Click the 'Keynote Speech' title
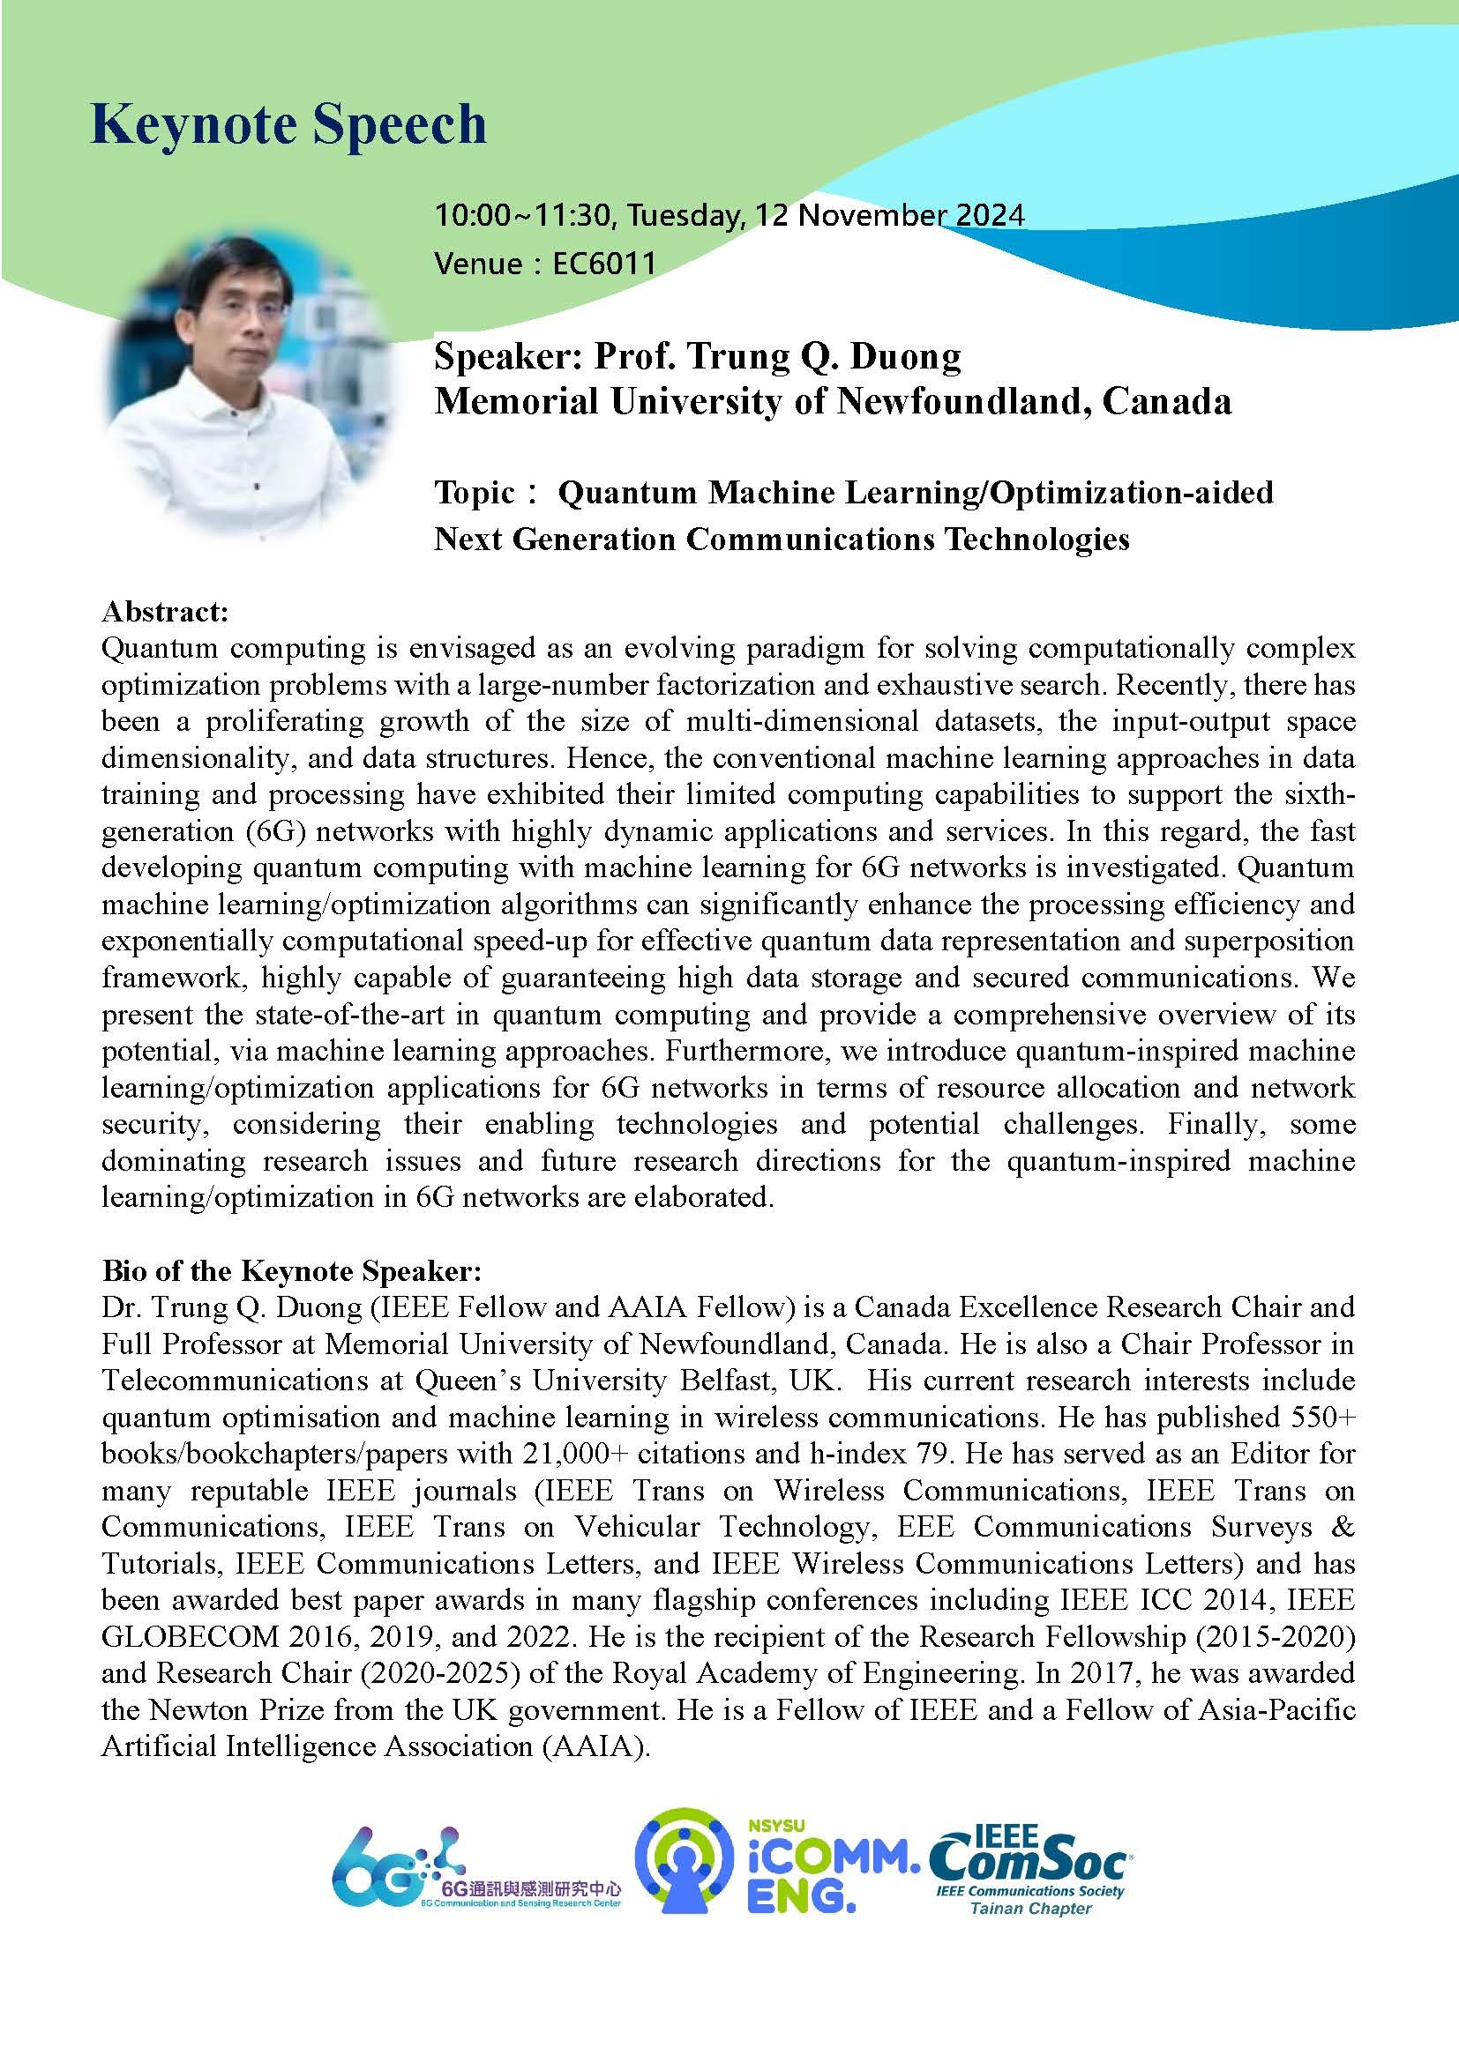pos(288,124)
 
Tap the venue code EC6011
pos(603,264)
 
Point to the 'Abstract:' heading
pos(165,612)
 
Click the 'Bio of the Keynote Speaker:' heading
pos(292,1271)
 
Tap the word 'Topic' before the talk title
pos(475,492)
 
